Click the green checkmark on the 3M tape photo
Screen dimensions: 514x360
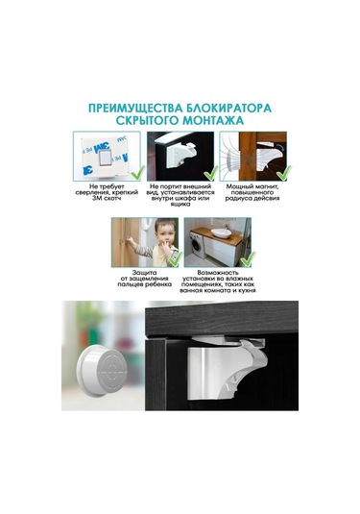pos(132,175)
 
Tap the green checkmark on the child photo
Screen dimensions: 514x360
pos(169,259)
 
